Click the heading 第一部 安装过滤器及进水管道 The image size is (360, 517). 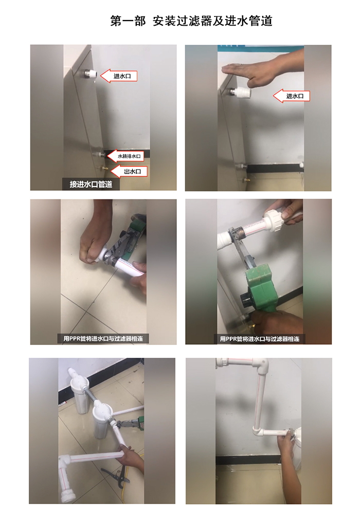click(x=191, y=21)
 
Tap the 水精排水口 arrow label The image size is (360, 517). click(x=126, y=156)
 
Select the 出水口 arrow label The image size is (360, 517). click(x=129, y=172)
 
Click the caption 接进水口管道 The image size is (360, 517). click(x=91, y=184)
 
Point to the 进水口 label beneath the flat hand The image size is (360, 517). click(x=292, y=96)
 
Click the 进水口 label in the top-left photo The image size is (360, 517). click(x=118, y=76)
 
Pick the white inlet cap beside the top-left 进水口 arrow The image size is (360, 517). click(x=90, y=75)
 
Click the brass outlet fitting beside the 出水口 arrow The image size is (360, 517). click(x=104, y=169)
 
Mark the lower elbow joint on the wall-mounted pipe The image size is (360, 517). click(x=259, y=430)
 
